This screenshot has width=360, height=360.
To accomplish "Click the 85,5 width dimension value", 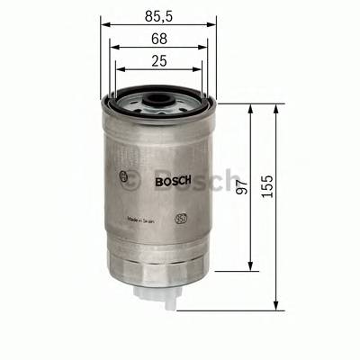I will [157, 16].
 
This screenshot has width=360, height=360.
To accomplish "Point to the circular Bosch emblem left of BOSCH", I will [122, 177].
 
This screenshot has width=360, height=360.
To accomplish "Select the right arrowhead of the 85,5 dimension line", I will [212, 26].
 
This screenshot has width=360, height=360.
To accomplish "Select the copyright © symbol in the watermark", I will [133, 177].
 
